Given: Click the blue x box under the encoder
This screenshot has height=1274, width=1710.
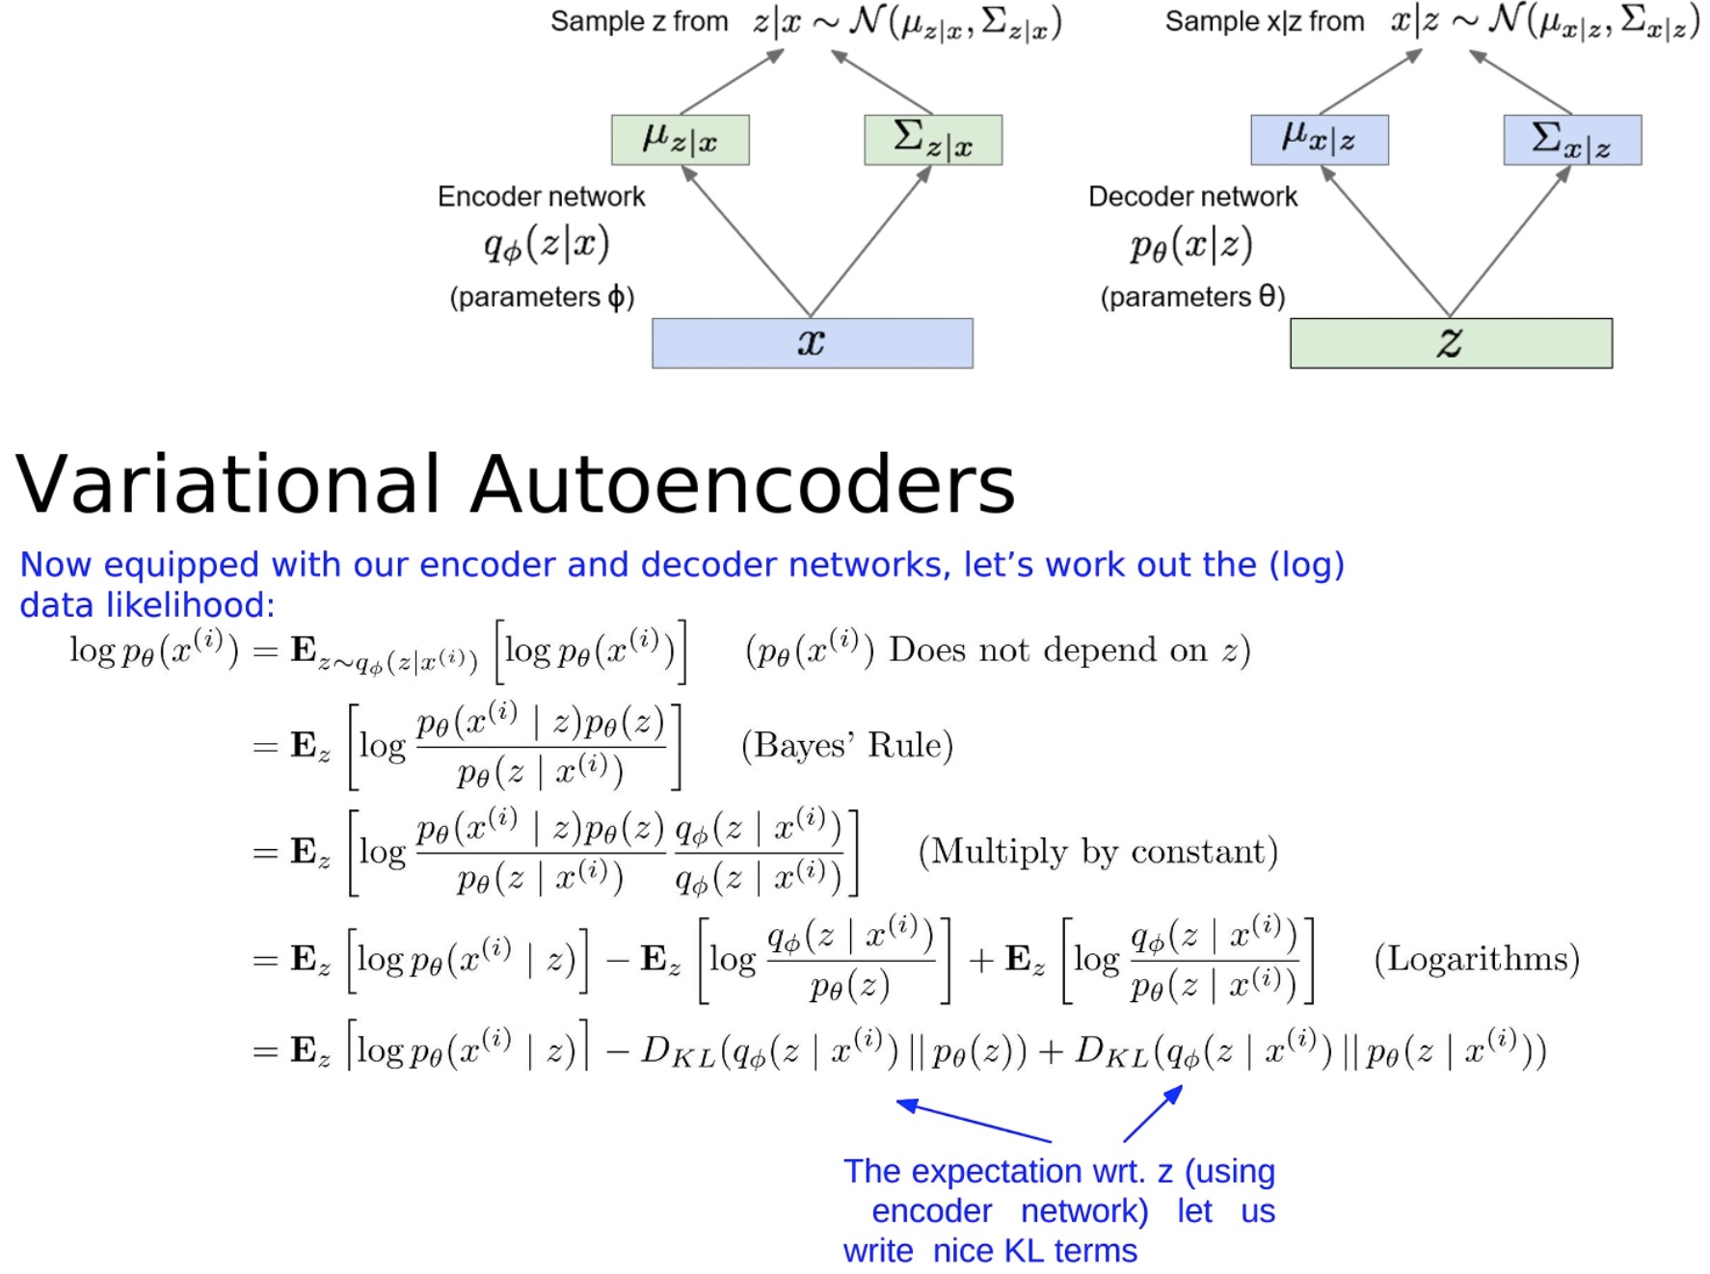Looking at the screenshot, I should [812, 343].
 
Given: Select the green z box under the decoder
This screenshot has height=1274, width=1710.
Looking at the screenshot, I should [1451, 343].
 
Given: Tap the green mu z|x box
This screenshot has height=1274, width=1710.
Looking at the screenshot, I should [680, 140].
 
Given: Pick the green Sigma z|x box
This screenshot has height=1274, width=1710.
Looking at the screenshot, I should [933, 140].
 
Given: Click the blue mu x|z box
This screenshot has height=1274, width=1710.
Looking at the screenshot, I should [1319, 140].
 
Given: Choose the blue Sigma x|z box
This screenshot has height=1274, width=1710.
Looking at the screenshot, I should [1572, 140].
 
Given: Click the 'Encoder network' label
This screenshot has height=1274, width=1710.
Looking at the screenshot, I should [541, 197].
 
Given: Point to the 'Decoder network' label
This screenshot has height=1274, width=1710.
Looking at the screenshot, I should [1192, 197].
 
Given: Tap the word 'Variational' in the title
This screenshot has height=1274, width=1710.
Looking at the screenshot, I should [228, 484].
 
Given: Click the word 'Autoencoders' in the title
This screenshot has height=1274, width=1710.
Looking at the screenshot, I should [742, 484].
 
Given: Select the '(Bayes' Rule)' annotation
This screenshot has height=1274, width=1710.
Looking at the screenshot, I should [846, 745].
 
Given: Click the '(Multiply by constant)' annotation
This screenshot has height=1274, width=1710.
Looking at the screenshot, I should [1097, 852].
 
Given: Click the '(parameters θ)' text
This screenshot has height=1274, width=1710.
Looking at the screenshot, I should [1192, 297].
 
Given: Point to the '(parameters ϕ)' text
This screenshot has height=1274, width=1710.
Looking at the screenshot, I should [542, 297].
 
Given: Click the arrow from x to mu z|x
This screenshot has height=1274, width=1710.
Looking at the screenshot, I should [747, 241].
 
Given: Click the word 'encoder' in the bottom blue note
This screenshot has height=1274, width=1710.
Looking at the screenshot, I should [931, 1211].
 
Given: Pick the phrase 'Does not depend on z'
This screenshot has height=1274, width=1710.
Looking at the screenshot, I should [1068, 650].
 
